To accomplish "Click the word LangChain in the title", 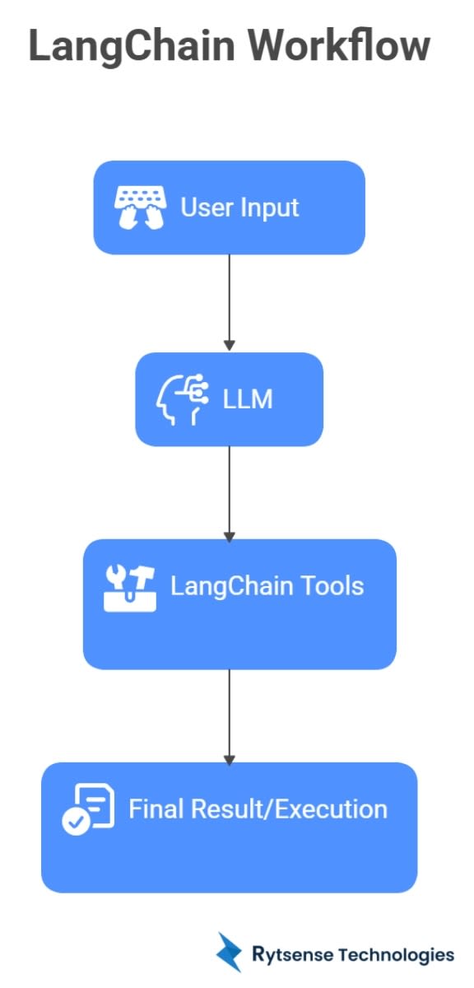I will click(129, 46).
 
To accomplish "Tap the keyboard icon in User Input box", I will click(139, 206).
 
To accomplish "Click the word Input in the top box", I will click(268, 207).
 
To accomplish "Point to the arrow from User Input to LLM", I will click(230, 301).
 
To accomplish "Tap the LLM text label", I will click(248, 399).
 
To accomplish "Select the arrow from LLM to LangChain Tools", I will click(230, 492).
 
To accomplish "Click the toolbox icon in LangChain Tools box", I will click(130, 588).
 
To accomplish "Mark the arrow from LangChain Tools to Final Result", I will click(230, 714).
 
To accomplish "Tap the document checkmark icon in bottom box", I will click(87, 809).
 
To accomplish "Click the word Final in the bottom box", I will click(156, 809).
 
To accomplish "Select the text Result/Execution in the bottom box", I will click(289, 809).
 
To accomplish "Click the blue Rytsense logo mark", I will click(228, 953).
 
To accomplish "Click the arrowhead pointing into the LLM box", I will click(230, 345).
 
